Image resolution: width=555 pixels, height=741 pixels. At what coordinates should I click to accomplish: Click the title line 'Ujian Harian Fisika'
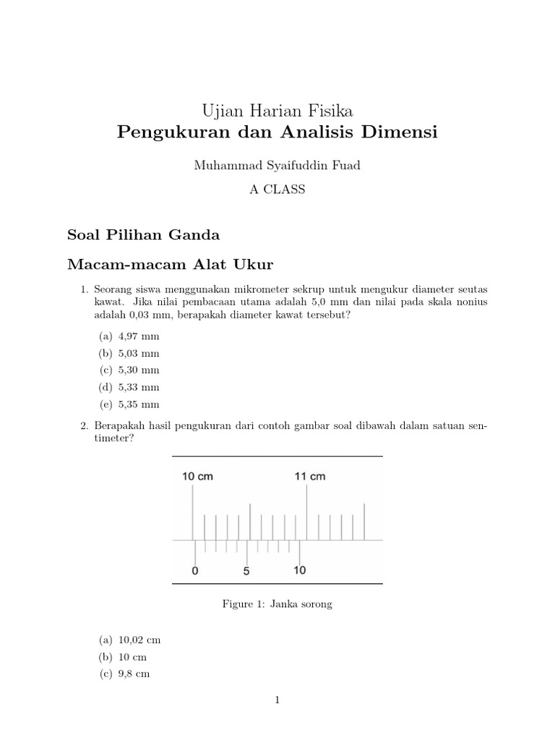click(277, 111)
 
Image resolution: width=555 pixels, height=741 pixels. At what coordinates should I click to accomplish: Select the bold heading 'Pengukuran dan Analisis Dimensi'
click(277, 133)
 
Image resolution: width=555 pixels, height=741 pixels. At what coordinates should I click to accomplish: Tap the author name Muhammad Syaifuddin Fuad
click(277, 166)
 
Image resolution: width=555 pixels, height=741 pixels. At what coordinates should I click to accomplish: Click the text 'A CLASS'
click(277, 190)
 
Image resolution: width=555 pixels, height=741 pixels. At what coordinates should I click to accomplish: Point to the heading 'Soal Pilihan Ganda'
click(143, 235)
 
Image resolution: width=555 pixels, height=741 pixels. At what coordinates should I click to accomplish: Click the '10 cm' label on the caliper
click(197, 477)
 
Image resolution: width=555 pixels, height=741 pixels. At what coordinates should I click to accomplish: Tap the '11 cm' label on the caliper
click(309, 477)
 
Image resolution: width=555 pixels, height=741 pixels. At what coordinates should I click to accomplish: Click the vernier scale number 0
click(194, 570)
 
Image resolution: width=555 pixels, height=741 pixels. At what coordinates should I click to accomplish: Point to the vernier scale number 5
click(246, 570)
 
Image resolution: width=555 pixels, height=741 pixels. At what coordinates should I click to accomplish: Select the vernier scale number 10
click(300, 570)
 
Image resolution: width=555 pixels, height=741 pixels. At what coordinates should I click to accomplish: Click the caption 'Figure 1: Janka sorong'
click(277, 604)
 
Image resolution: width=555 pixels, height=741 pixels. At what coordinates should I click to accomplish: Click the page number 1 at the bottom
click(277, 700)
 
